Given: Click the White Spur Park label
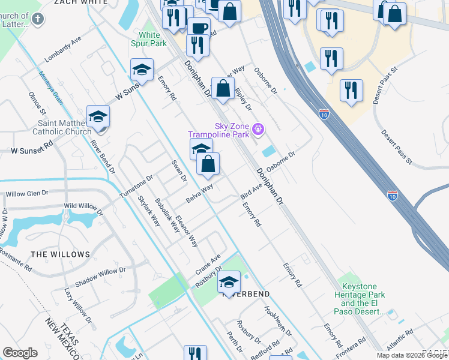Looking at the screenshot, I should [149, 39].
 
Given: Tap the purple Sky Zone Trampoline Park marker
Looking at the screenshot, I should [258, 128].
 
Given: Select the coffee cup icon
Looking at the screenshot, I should [199, 28].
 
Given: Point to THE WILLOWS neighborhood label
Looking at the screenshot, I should [60, 254].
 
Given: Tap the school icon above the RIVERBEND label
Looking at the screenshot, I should [229, 281].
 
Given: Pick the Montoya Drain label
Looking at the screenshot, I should [51, 88].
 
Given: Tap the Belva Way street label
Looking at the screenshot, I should [199, 193].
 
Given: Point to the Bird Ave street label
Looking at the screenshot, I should [252, 191].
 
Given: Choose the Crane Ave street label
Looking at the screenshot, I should [208, 265].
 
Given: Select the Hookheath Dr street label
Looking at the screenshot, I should [277, 321].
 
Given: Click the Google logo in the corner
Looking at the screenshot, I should [20, 353].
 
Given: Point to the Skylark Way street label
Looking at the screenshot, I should [148, 211].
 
